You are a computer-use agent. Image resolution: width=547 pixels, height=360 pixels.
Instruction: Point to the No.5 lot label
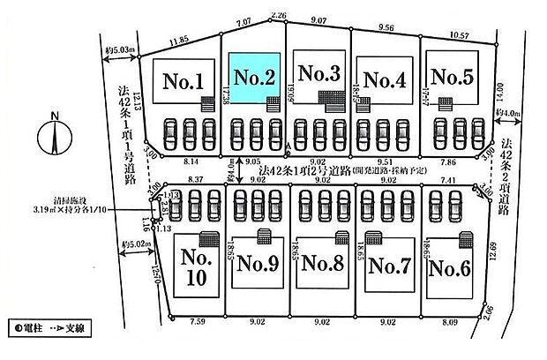[x=453, y=78]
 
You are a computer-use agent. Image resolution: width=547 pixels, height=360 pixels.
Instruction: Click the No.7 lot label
[x=388, y=266]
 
